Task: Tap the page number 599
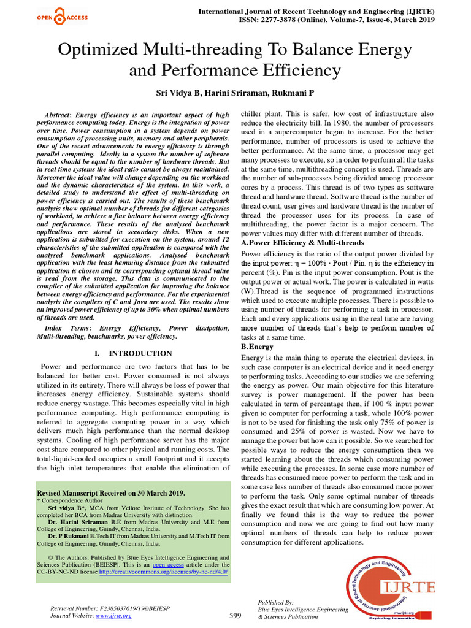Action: click(x=235, y=615)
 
